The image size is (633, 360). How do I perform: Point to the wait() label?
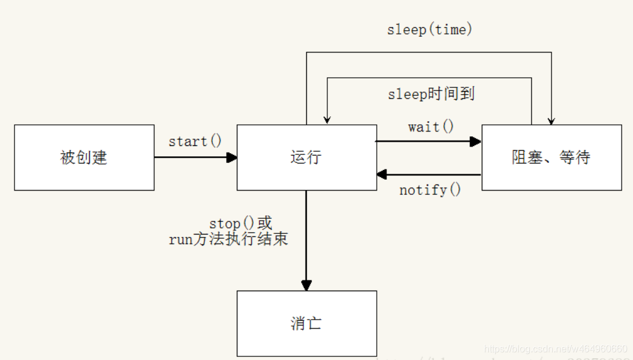point(431,127)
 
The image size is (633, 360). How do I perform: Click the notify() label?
point(430,191)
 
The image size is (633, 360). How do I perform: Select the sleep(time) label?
point(430,30)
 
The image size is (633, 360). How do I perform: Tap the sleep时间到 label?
point(430,94)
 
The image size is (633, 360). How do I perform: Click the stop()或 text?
point(241,224)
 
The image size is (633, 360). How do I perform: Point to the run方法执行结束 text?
point(228,239)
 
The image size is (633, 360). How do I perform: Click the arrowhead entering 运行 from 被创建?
point(232,157)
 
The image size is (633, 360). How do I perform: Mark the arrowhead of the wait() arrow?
point(476,141)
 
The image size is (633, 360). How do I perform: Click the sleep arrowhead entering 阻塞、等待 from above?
point(551,121)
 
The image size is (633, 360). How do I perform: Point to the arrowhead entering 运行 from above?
point(327,121)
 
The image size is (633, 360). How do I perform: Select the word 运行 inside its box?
point(306,157)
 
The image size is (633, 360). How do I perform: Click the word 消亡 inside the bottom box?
point(306,323)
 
